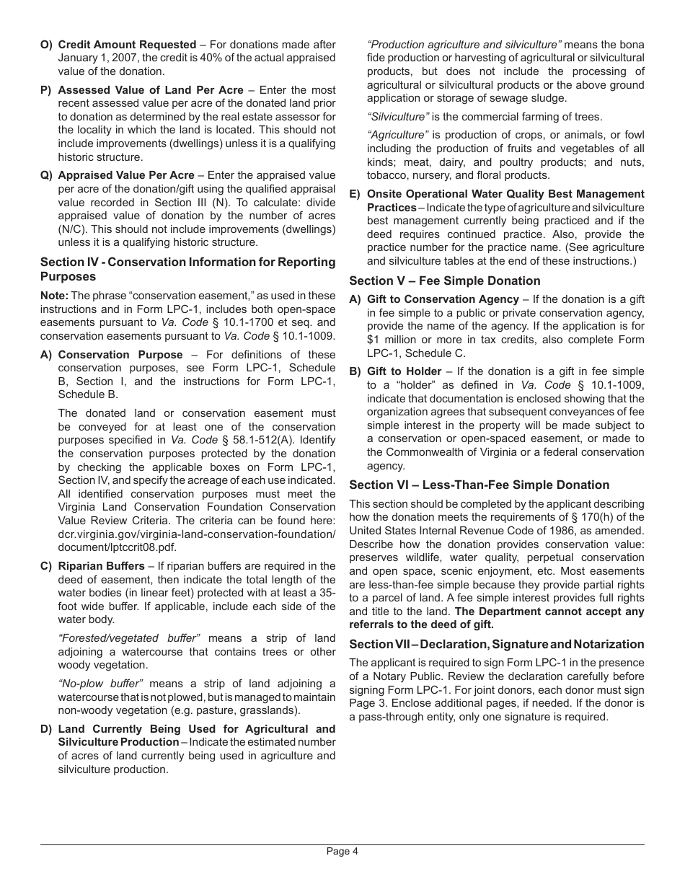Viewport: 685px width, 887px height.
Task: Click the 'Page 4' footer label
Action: click(342, 851)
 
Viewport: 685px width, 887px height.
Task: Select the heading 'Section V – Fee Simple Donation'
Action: click(444, 281)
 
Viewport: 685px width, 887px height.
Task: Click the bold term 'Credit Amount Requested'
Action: click(127, 45)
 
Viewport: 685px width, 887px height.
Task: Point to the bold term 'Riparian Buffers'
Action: click(101, 566)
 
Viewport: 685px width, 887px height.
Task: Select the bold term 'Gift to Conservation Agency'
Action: click(443, 299)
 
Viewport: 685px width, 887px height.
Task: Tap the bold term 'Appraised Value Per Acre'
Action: click(126, 175)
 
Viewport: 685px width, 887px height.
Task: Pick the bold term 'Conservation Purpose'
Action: click(120, 354)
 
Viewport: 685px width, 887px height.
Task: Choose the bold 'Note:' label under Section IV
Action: click(54, 296)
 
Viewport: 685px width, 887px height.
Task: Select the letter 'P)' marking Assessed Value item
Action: click(46, 90)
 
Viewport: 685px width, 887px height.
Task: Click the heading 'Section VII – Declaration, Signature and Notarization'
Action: click(496, 644)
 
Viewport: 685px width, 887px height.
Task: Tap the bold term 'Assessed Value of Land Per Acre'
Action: click(151, 90)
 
